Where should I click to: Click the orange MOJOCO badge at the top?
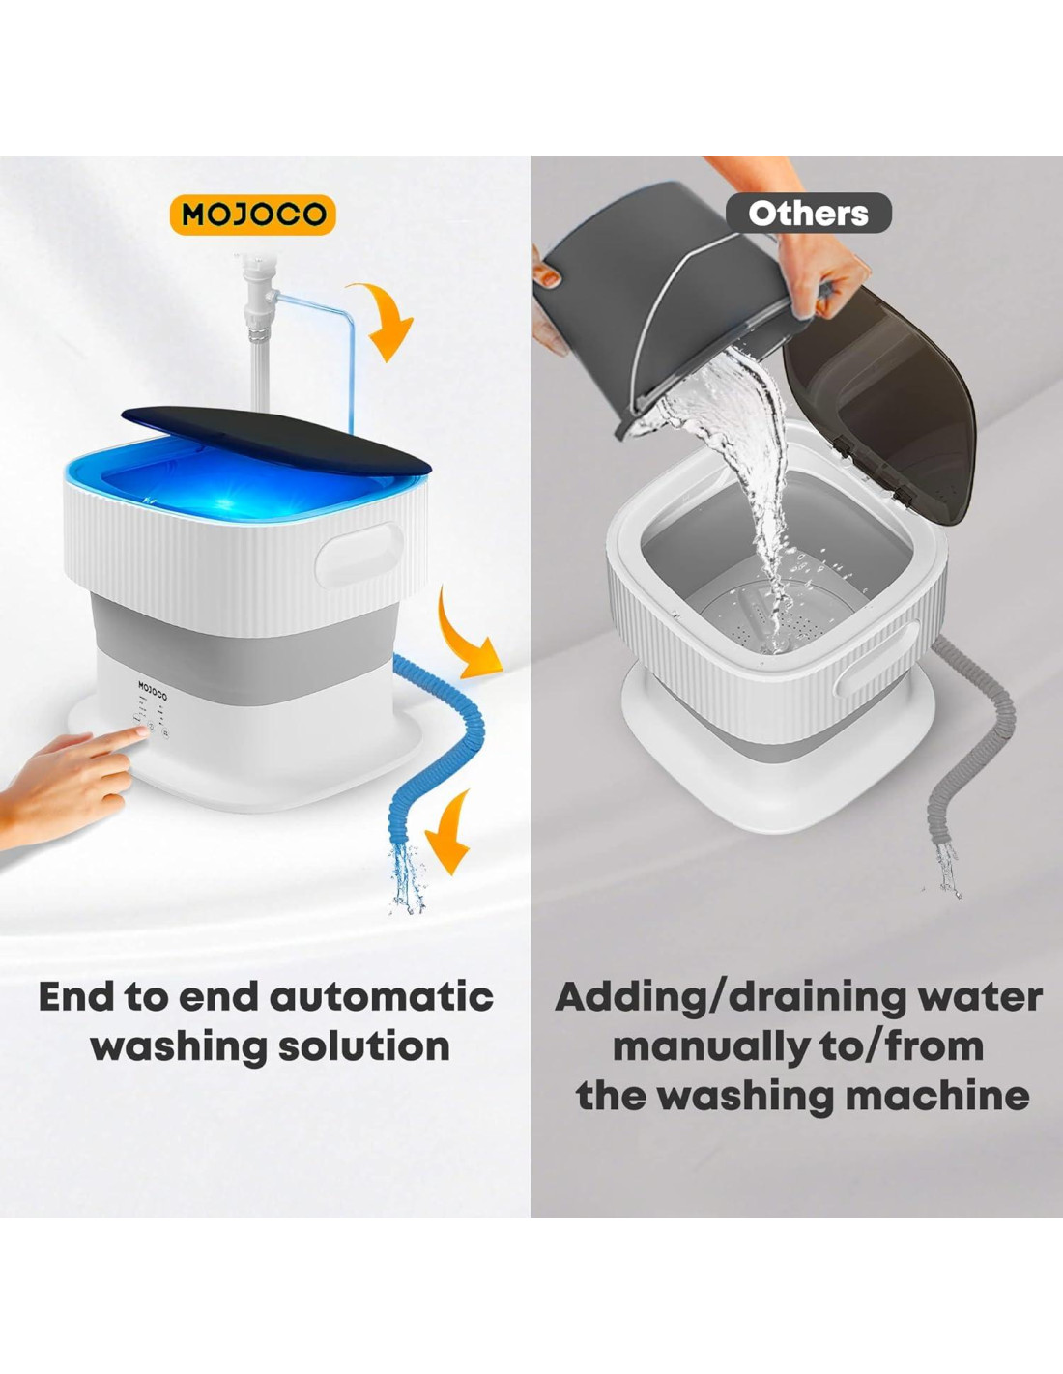252,215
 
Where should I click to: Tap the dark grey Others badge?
808,214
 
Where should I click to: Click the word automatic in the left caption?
382,996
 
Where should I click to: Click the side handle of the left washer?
359,556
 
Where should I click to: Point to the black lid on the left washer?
275,441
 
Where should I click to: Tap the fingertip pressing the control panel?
140,731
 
